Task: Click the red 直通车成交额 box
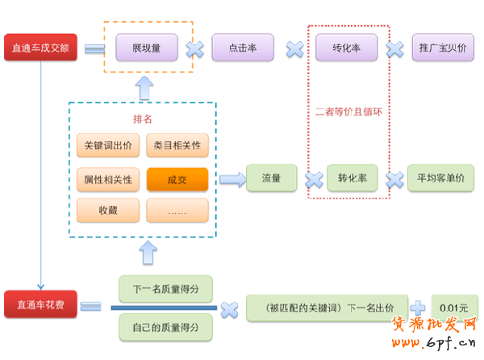click(40, 48)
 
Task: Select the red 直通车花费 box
click(40, 305)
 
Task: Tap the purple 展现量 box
click(146, 48)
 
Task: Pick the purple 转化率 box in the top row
click(346, 48)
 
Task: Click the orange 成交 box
click(177, 178)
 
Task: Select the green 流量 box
click(270, 178)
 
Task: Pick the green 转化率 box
click(353, 178)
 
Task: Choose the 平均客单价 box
click(440, 178)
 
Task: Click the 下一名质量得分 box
click(165, 289)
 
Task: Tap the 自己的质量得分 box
click(165, 326)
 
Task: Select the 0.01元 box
click(454, 308)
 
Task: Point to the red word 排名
click(142, 119)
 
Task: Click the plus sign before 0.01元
click(419, 308)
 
